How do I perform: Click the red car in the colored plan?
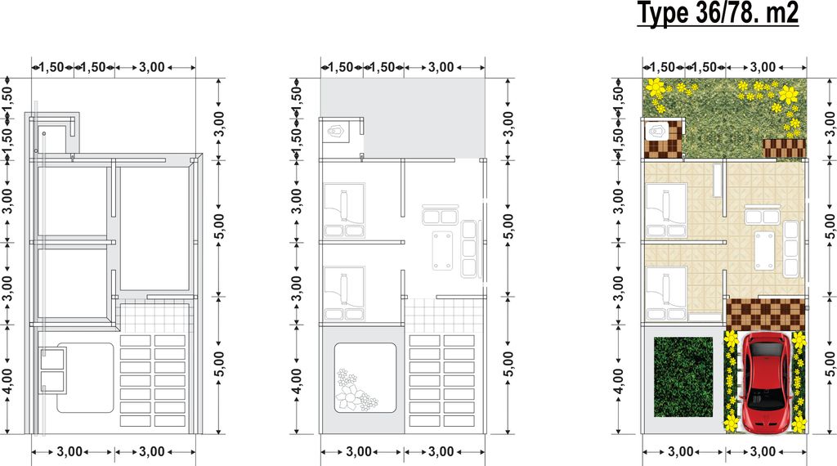tap(764, 383)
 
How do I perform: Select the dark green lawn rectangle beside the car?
tap(683, 377)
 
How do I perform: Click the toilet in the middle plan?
tap(336, 131)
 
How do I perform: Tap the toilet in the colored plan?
tap(657, 131)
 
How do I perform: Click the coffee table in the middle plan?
tap(442, 250)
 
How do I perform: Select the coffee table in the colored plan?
tap(764, 251)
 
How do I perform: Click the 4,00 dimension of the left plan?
tap(7, 381)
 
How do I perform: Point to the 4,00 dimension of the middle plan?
tap(297, 381)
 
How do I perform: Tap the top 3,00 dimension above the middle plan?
tap(441, 67)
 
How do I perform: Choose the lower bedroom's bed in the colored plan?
tap(666, 294)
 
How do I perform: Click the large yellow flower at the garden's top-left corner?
tap(655, 87)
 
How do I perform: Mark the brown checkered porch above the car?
tap(765, 314)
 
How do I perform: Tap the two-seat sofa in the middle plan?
tap(440, 215)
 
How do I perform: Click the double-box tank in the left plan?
tap(53, 370)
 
